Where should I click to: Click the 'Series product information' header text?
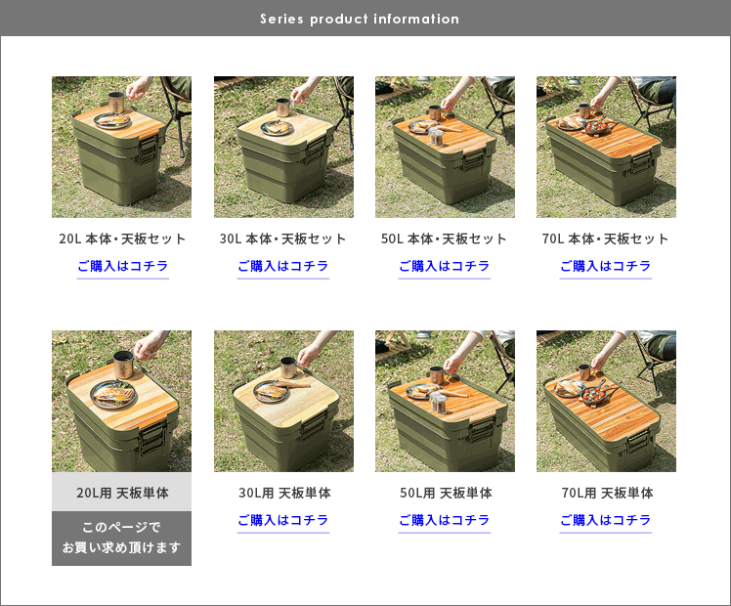coord(360,19)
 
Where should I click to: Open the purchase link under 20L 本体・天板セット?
coord(122,266)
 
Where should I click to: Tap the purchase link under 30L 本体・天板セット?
coord(283,266)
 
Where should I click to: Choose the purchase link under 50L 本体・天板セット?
coord(445,266)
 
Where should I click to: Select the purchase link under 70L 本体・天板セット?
coord(606,266)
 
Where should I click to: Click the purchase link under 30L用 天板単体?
coord(283,520)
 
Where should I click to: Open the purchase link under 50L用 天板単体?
coord(445,520)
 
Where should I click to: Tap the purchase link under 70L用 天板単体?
coord(606,520)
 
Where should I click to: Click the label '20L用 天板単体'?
coord(122,493)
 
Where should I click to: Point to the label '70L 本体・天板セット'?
coord(605,238)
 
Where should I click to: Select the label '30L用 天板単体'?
coord(284,493)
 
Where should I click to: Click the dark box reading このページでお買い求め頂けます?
coord(122,539)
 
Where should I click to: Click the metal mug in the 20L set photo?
coord(116,103)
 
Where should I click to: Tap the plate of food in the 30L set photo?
coord(277,127)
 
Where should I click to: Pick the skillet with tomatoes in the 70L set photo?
coord(596,126)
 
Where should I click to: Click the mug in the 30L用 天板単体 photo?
coord(288,368)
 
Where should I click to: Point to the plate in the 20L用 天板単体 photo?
coord(114,395)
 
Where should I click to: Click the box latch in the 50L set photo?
coord(471,161)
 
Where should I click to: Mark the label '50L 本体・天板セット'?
coord(444,238)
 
